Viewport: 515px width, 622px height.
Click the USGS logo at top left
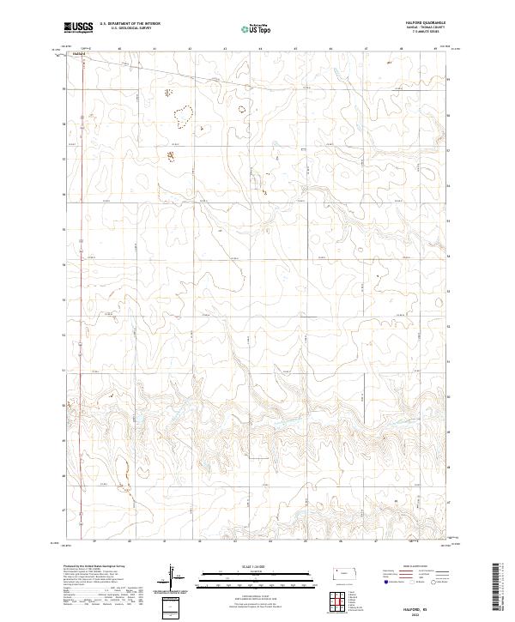(79, 28)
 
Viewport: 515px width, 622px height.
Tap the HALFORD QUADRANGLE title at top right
(420, 24)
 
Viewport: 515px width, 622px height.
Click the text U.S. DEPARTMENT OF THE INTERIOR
(130, 25)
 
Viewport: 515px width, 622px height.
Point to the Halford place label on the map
(80, 52)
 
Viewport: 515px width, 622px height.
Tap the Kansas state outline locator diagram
(345, 573)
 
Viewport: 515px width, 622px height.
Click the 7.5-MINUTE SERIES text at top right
(420, 33)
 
